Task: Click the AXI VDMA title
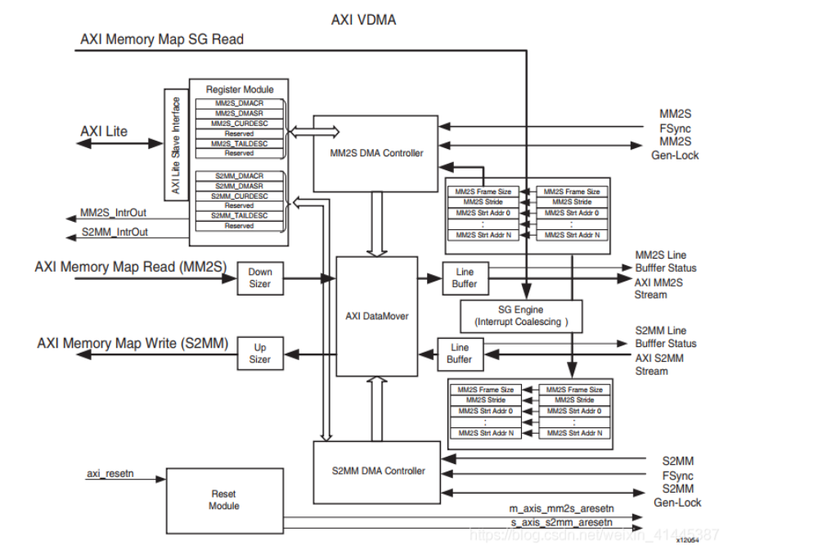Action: click(363, 20)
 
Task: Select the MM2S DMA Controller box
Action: click(375, 153)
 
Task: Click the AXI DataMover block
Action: click(376, 316)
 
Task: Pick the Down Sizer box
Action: click(260, 278)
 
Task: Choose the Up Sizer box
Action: click(259, 354)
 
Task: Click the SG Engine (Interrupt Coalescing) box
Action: click(521, 315)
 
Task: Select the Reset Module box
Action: click(223, 500)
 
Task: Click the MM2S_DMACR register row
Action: click(239, 104)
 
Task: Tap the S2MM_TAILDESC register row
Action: click(239, 215)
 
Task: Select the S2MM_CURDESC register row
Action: click(239, 196)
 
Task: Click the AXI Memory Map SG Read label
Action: click(161, 39)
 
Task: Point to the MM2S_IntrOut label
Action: click(114, 213)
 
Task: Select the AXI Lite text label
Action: click(104, 131)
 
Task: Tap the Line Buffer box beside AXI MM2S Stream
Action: click(465, 278)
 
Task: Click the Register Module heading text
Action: click(240, 89)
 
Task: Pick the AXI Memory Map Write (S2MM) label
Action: click(133, 344)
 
